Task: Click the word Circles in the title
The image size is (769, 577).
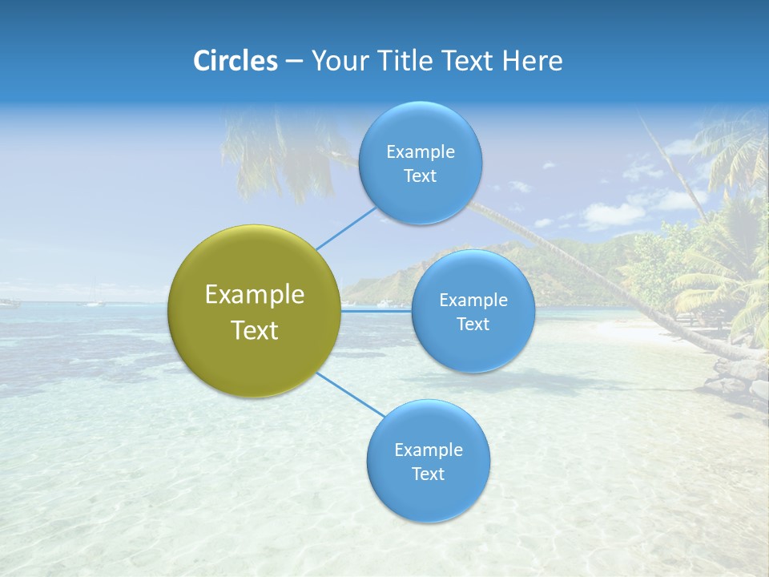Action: pos(235,61)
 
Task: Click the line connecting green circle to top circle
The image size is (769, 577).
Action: pos(346,228)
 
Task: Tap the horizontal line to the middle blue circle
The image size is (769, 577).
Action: pos(376,310)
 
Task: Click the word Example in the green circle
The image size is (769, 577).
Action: pos(254,295)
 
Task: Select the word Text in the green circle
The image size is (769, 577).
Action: pos(254,330)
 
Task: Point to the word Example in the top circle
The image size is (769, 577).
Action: pos(421,152)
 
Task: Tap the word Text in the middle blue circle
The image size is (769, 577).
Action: pos(473,325)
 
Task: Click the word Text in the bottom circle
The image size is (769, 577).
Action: pos(428,474)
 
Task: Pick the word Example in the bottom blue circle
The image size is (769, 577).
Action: pos(429,450)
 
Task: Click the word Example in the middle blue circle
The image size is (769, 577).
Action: pos(473,301)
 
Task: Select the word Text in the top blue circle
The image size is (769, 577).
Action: pos(420,176)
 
